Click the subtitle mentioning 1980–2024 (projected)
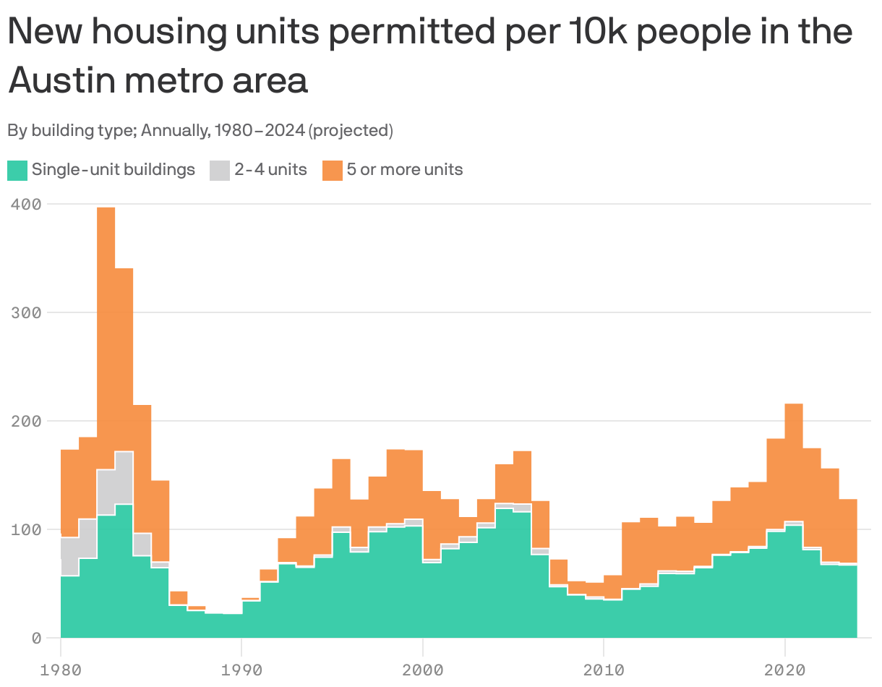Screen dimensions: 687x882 [x=200, y=131]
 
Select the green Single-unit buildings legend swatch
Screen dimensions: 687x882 [x=17, y=171]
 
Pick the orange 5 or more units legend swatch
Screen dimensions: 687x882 [x=332, y=171]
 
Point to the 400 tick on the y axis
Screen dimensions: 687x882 [x=26, y=205]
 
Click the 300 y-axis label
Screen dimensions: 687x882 [x=26, y=313]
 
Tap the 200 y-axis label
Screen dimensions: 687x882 [x=26, y=421]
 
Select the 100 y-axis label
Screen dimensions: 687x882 [x=26, y=529]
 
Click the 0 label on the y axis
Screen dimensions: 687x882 [x=35, y=638]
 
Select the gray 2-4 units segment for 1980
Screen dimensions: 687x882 [x=69, y=556]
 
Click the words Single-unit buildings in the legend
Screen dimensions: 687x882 [x=114, y=170]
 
